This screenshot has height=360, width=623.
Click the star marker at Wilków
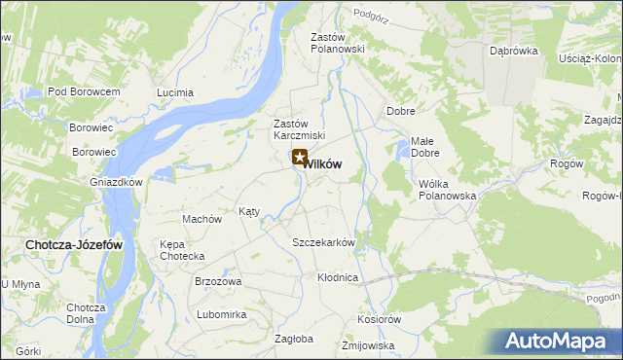pyautogui.click(x=300, y=157)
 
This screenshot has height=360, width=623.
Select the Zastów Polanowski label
pyautogui.click(x=337, y=43)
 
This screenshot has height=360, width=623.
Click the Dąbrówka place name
pyautogui.click(x=514, y=52)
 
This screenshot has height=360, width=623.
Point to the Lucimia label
pyautogui.click(x=175, y=93)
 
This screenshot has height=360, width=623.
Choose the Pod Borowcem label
pyautogui.click(x=83, y=91)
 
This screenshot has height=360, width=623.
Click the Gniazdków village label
pyautogui.click(x=117, y=182)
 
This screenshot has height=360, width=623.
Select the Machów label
pyautogui.click(x=202, y=219)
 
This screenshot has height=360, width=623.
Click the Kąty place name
pyautogui.click(x=249, y=211)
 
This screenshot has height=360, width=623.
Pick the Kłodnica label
pyautogui.click(x=338, y=277)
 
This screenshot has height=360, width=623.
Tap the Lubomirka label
pyautogui.click(x=221, y=314)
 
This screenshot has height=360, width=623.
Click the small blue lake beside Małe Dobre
pyautogui.click(x=401, y=150)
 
